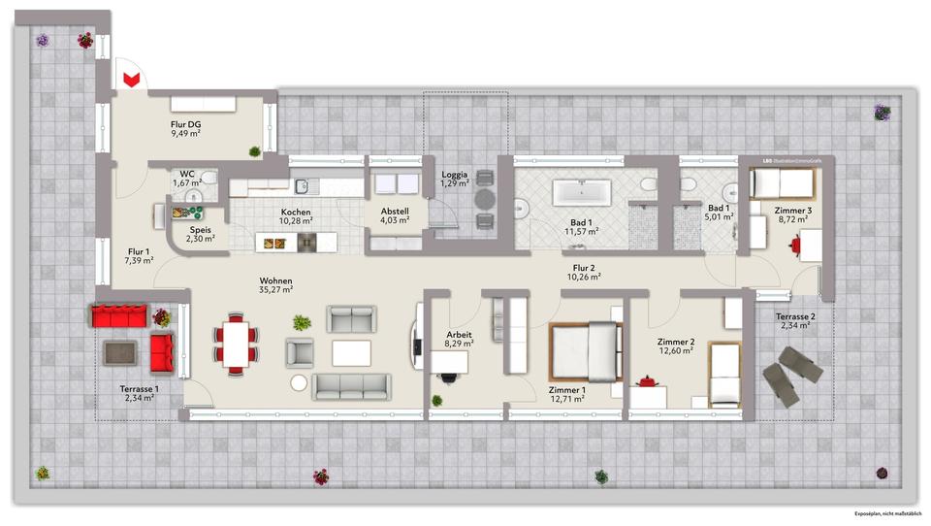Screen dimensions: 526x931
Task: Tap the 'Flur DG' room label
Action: coord(185,124)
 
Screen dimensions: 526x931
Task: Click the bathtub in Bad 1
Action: coord(581,191)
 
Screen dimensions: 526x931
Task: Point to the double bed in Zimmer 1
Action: coord(584,351)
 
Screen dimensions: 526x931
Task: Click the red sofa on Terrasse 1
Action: coord(118,315)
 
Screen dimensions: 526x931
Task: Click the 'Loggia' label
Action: coord(455,173)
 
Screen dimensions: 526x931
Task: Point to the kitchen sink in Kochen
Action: coord(303,184)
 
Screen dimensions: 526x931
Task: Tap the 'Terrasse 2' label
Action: coord(795,316)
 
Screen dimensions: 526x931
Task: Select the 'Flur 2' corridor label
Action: coord(585,267)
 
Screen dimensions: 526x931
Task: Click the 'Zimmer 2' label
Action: coord(675,342)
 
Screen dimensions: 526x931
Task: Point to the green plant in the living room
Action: coord(302,321)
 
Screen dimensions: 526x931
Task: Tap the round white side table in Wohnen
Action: coord(299,383)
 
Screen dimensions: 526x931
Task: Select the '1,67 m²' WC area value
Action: coord(187,182)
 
